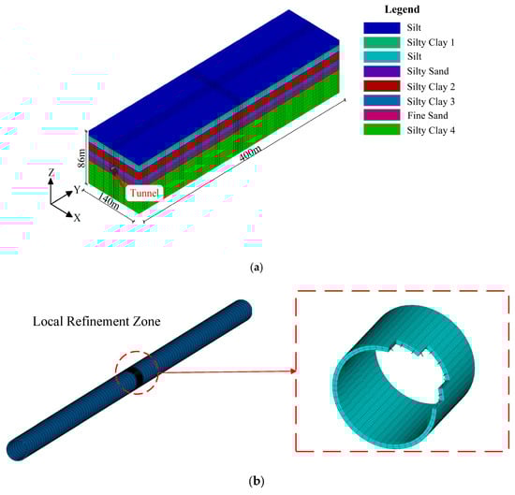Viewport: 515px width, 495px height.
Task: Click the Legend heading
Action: click(x=402, y=9)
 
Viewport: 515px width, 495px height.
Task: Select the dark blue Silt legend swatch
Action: click(x=382, y=28)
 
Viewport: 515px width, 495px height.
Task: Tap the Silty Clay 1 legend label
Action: click(x=431, y=42)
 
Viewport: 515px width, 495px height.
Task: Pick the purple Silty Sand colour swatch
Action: click(x=382, y=71)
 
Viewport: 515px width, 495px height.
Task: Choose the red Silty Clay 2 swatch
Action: click(x=382, y=86)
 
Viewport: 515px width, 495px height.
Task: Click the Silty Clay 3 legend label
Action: click(x=431, y=101)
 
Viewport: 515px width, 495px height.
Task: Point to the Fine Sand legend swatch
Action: click(x=382, y=115)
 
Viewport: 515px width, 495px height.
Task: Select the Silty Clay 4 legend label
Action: click(x=431, y=130)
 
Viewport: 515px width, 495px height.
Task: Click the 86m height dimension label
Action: click(x=81, y=158)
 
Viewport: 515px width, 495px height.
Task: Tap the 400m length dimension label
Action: click(x=250, y=153)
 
